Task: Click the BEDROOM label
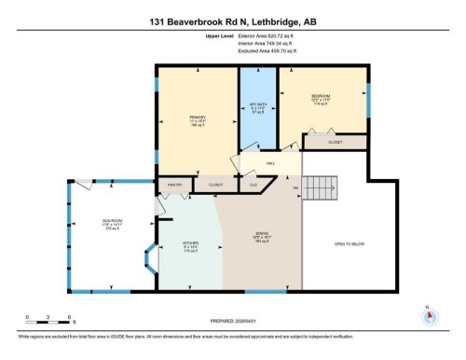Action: [x=321, y=96]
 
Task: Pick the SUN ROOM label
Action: [x=112, y=221]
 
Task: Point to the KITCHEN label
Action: [x=191, y=247]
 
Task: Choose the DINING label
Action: [x=262, y=235]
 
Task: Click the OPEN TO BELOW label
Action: [x=349, y=244]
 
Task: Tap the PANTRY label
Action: [x=173, y=186]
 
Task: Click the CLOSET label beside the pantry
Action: [x=215, y=186]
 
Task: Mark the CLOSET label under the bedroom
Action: [x=334, y=142]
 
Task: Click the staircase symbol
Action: [x=328, y=193]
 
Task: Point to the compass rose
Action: [x=430, y=315]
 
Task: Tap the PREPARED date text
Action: [x=233, y=322]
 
